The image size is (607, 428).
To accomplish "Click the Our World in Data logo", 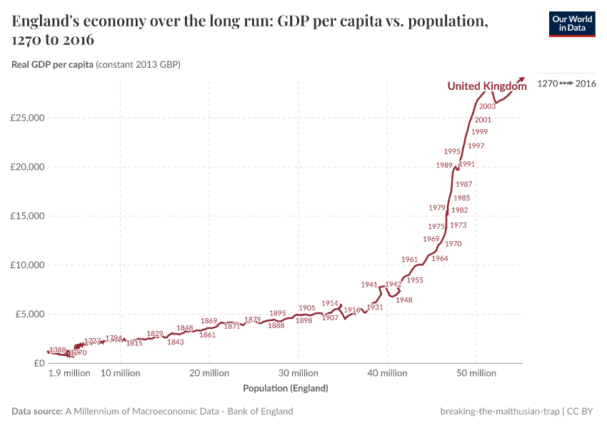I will [571, 24].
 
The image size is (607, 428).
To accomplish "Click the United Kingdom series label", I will [486, 86].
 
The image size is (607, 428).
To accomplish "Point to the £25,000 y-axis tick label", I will [28, 118].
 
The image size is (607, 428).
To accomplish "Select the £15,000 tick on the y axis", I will [28, 216].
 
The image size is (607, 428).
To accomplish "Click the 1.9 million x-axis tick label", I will [69, 373].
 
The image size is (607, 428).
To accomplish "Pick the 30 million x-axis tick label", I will [298, 373].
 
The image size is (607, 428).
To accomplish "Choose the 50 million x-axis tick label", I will [476, 373].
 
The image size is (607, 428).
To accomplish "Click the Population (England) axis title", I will [286, 389].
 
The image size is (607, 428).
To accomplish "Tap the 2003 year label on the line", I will [488, 106].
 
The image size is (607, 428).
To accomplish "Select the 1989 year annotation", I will [444, 165].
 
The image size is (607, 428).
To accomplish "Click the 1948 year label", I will [404, 300].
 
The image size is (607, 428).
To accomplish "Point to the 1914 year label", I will [329, 303].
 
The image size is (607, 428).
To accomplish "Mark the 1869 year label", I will [209, 321].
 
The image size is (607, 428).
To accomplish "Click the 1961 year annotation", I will [409, 260].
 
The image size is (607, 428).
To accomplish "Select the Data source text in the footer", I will [152, 412].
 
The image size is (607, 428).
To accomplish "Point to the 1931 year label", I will [375, 307].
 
